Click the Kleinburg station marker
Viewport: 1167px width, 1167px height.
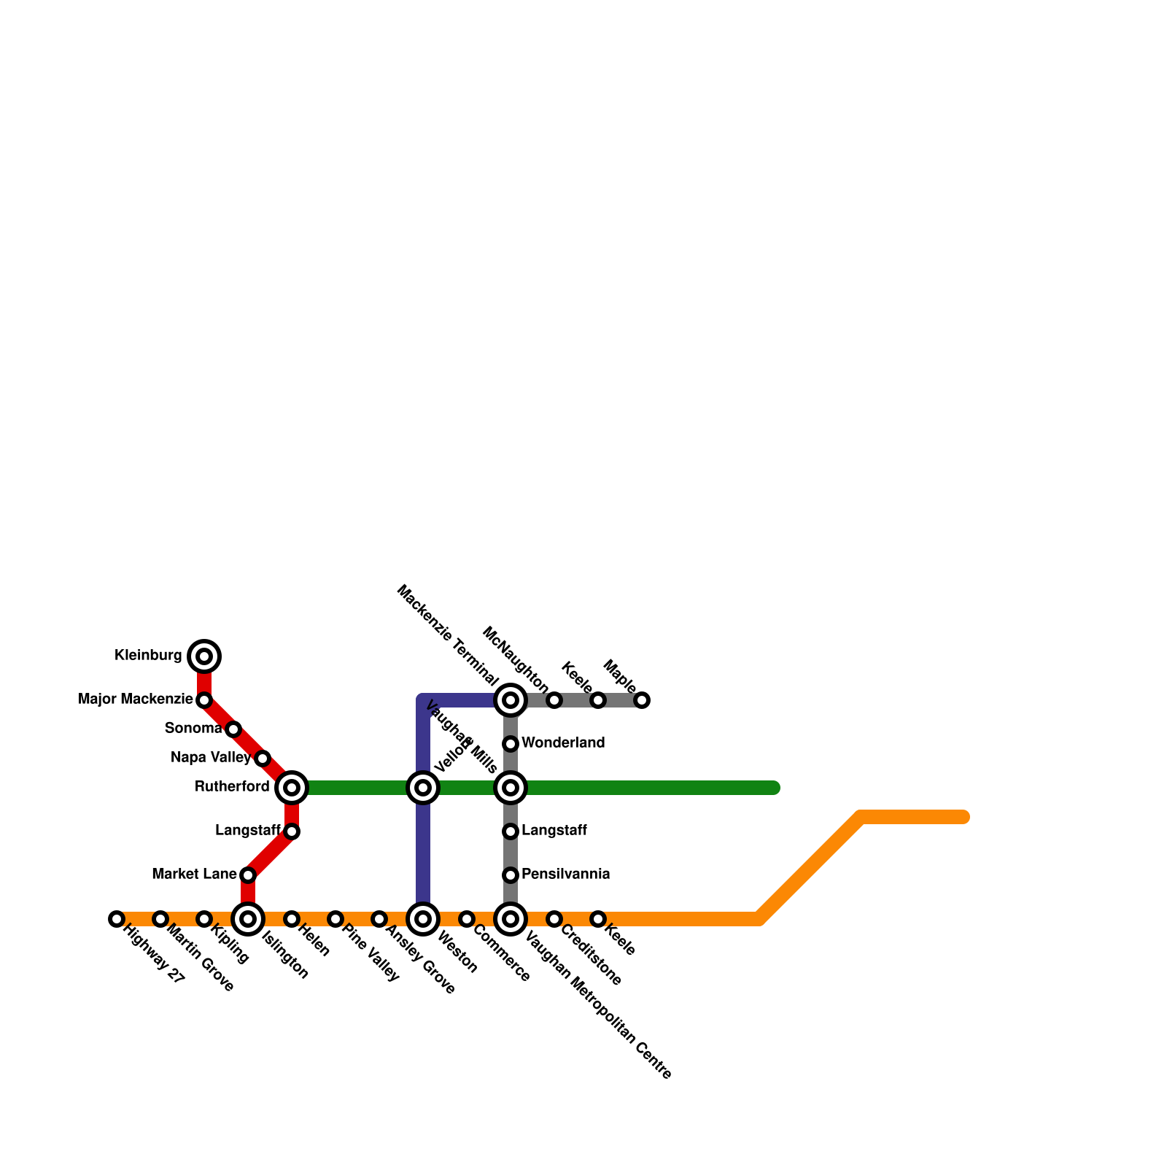[204, 656]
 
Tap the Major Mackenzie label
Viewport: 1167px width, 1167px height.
[136, 699]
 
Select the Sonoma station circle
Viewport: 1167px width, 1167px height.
[233, 729]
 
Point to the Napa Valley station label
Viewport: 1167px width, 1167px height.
[211, 758]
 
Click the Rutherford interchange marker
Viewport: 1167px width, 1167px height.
[292, 788]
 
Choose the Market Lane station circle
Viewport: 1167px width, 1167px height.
[248, 875]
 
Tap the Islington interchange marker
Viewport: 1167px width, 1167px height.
[248, 919]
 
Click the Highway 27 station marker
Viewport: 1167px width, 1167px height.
[117, 919]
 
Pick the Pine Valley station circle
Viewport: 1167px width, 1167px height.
[336, 919]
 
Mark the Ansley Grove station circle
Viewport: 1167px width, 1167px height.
[379, 919]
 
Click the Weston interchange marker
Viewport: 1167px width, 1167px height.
[423, 919]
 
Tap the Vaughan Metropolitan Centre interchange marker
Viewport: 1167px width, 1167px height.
[511, 919]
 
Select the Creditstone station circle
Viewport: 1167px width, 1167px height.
[554, 919]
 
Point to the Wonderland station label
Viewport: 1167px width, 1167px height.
[563, 743]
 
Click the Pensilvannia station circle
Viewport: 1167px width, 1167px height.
[511, 875]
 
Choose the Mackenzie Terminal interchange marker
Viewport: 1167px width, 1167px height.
[511, 700]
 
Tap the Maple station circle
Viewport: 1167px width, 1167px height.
[642, 700]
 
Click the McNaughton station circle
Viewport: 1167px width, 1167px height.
[554, 700]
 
